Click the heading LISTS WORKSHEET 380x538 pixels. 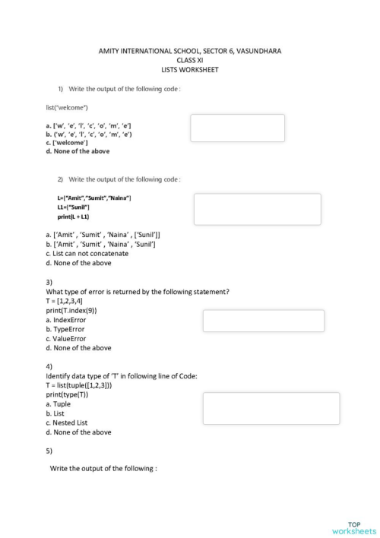click(x=190, y=68)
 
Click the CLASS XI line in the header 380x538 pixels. click(x=190, y=59)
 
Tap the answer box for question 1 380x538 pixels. click(x=237, y=128)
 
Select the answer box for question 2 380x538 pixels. click(x=257, y=209)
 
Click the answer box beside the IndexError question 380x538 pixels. click(x=263, y=321)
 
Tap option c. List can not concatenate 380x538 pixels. click(x=87, y=254)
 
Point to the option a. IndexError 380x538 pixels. click(x=66, y=320)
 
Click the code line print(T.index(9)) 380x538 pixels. click(x=71, y=310)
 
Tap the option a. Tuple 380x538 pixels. click(x=59, y=404)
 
